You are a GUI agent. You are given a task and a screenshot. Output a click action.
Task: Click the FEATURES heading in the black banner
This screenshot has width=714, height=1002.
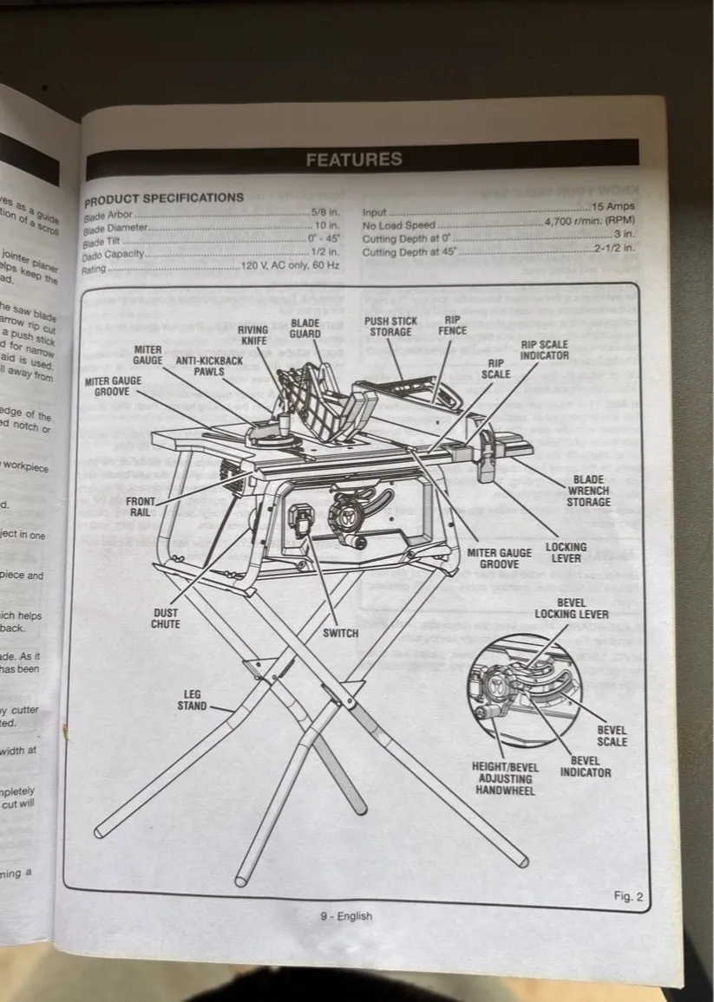(x=354, y=159)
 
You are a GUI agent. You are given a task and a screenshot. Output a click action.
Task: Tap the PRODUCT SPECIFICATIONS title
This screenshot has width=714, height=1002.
(x=164, y=198)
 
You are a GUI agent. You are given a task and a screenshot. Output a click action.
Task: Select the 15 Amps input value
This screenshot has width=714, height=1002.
(x=612, y=207)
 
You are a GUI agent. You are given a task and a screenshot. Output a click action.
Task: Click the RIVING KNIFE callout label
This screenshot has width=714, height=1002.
(x=252, y=335)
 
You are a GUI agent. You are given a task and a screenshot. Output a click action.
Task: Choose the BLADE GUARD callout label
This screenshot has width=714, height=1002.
(x=305, y=329)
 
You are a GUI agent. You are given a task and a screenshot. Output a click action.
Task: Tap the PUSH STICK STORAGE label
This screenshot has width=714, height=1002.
(x=390, y=326)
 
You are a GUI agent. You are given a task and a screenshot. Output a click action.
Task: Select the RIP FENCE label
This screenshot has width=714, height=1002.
(x=452, y=325)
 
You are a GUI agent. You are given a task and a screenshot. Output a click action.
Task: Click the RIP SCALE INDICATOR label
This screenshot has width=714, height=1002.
(x=544, y=349)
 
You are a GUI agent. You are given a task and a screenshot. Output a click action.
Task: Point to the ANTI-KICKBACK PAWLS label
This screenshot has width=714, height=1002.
(x=200, y=365)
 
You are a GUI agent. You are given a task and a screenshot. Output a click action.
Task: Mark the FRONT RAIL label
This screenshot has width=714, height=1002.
(x=141, y=507)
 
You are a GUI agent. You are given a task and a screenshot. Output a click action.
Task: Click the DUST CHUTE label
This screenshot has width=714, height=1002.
(x=166, y=618)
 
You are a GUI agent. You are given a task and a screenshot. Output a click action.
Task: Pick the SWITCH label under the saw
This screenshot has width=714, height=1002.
(x=340, y=633)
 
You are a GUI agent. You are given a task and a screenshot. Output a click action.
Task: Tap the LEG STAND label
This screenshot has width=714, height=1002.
(x=192, y=700)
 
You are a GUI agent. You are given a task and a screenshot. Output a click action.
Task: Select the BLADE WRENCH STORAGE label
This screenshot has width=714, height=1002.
(x=588, y=491)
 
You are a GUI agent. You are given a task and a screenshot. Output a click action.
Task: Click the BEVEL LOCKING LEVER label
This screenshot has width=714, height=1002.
(x=571, y=608)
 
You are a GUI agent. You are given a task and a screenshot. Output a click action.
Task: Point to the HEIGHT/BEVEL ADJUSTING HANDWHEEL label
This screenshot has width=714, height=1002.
(x=504, y=778)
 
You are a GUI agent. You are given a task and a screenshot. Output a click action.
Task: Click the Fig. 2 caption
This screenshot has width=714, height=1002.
(x=627, y=897)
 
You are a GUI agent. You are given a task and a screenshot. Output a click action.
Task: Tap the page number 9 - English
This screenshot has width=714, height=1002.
(x=345, y=916)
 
